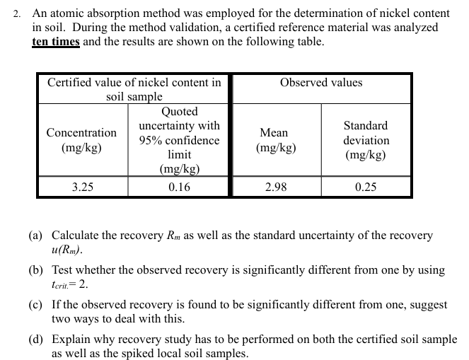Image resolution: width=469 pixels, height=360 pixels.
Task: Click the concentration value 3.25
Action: [x=83, y=187]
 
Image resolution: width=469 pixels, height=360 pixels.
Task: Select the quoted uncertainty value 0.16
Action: [x=180, y=187]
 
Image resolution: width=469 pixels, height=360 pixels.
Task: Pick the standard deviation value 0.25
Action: [x=366, y=187]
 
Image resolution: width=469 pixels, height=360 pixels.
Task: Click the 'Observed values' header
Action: [x=321, y=83]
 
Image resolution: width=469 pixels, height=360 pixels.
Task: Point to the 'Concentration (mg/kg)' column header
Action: [x=82, y=140]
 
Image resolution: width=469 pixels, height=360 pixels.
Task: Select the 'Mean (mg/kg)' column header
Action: [x=274, y=140]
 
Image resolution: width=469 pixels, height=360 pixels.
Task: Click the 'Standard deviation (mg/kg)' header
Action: [x=366, y=140]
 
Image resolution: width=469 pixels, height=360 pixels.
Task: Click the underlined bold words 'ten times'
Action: [x=56, y=42]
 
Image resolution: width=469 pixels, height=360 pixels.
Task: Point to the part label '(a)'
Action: [x=36, y=236]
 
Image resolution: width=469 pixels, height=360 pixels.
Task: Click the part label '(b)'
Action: [x=36, y=270]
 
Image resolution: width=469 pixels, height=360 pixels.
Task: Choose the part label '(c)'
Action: [x=36, y=305]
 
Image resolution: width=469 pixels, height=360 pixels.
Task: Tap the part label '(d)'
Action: [x=36, y=339]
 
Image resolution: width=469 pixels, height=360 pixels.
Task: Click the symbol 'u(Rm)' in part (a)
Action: [x=67, y=250]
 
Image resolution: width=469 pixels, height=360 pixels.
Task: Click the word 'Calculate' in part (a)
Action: [x=78, y=236]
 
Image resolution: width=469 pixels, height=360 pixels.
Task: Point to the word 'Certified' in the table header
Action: [x=71, y=83]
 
